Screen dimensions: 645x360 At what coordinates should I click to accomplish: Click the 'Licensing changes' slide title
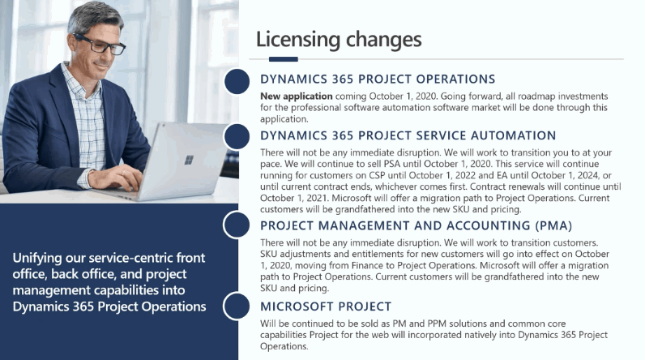(x=339, y=41)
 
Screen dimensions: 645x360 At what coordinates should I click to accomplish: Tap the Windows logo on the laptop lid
(x=189, y=160)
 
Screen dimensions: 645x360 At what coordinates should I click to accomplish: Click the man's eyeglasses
(x=100, y=44)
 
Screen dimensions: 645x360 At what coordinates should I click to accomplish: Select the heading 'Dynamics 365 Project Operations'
(x=378, y=79)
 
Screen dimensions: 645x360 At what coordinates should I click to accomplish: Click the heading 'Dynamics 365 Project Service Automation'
(x=408, y=135)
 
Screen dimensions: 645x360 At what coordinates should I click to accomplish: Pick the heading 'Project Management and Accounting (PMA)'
(x=416, y=225)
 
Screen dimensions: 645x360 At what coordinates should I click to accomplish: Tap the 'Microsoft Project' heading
(x=326, y=306)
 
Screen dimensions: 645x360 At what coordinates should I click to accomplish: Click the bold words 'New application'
(x=297, y=96)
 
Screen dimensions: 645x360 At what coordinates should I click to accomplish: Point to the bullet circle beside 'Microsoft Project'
(x=237, y=306)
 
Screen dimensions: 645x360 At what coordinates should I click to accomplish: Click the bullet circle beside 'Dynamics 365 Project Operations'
(x=237, y=81)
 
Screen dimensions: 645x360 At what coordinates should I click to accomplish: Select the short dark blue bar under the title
(x=284, y=59)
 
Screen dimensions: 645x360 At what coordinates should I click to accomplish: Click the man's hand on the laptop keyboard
(x=116, y=177)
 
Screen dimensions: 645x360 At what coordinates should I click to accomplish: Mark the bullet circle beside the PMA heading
(x=237, y=225)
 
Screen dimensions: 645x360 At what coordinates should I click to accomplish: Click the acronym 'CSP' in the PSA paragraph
(x=378, y=175)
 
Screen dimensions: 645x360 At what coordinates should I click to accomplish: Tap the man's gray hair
(x=95, y=17)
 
